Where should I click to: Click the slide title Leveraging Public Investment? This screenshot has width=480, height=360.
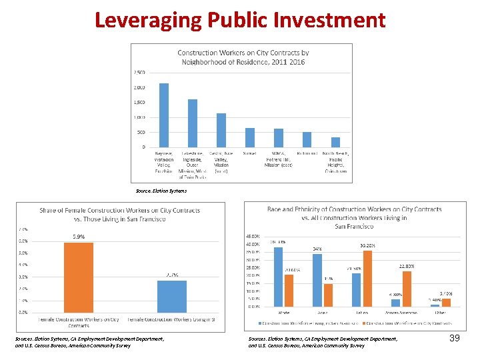point(240,19)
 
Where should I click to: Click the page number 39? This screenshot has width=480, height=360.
point(455,339)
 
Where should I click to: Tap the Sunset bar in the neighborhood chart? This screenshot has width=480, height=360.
point(250,137)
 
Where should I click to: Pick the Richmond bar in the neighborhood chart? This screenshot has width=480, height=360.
point(307,139)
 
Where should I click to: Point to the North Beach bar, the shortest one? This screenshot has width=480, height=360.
point(335,142)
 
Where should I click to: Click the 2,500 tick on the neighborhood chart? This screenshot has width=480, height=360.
point(139,72)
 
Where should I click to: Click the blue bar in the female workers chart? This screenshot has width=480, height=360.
point(172,296)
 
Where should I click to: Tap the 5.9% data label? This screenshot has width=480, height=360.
point(79,237)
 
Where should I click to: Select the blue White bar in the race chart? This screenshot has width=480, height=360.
point(278,277)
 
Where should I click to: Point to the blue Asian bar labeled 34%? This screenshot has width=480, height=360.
point(317,280)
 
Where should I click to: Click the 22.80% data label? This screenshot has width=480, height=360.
point(407,266)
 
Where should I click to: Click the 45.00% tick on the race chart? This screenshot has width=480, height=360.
point(254,236)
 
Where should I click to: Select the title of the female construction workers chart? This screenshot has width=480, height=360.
point(119,215)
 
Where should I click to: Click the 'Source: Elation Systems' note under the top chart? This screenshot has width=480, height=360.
point(161,191)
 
